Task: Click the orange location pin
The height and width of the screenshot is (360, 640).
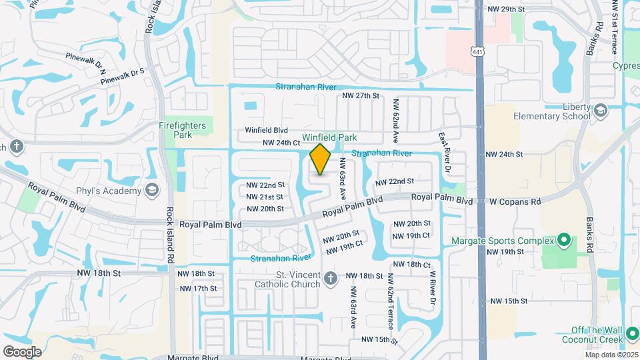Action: (x=321, y=159)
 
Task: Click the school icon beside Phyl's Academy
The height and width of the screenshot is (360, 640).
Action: (x=152, y=191)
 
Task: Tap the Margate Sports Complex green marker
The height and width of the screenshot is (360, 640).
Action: (x=563, y=240)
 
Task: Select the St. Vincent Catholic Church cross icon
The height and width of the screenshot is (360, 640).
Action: (x=331, y=279)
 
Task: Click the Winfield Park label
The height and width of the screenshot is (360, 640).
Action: (x=329, y=137)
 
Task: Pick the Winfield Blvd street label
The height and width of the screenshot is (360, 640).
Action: (x=266, y=130)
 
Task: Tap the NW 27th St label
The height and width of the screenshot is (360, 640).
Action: (x=361, y=96)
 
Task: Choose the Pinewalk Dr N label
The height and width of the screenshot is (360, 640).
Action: (x=86, y=59)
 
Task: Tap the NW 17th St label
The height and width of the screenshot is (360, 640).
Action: (x=197, y=288)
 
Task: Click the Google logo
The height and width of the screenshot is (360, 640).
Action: (x=22, y=351)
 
